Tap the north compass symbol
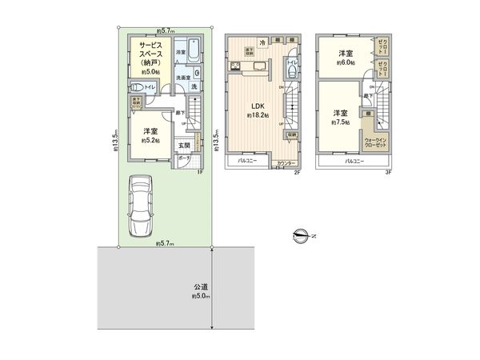pos(302,234)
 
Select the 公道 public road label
pos(199,286)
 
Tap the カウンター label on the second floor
pos(282,163)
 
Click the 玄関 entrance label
pos(184,145)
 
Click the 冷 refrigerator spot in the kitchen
pos(262,42)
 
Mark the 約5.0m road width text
pos(199,296)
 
